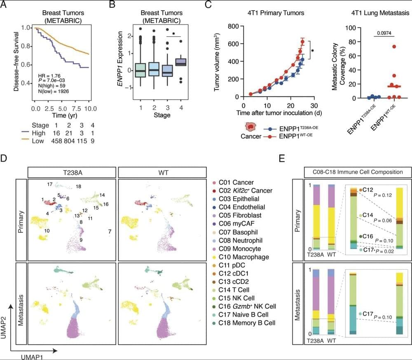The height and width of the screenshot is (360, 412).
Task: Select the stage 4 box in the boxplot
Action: click(180, 61)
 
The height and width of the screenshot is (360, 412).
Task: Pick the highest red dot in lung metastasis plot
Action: click(394, 47)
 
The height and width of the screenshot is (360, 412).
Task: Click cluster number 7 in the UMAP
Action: click(110, 232)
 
